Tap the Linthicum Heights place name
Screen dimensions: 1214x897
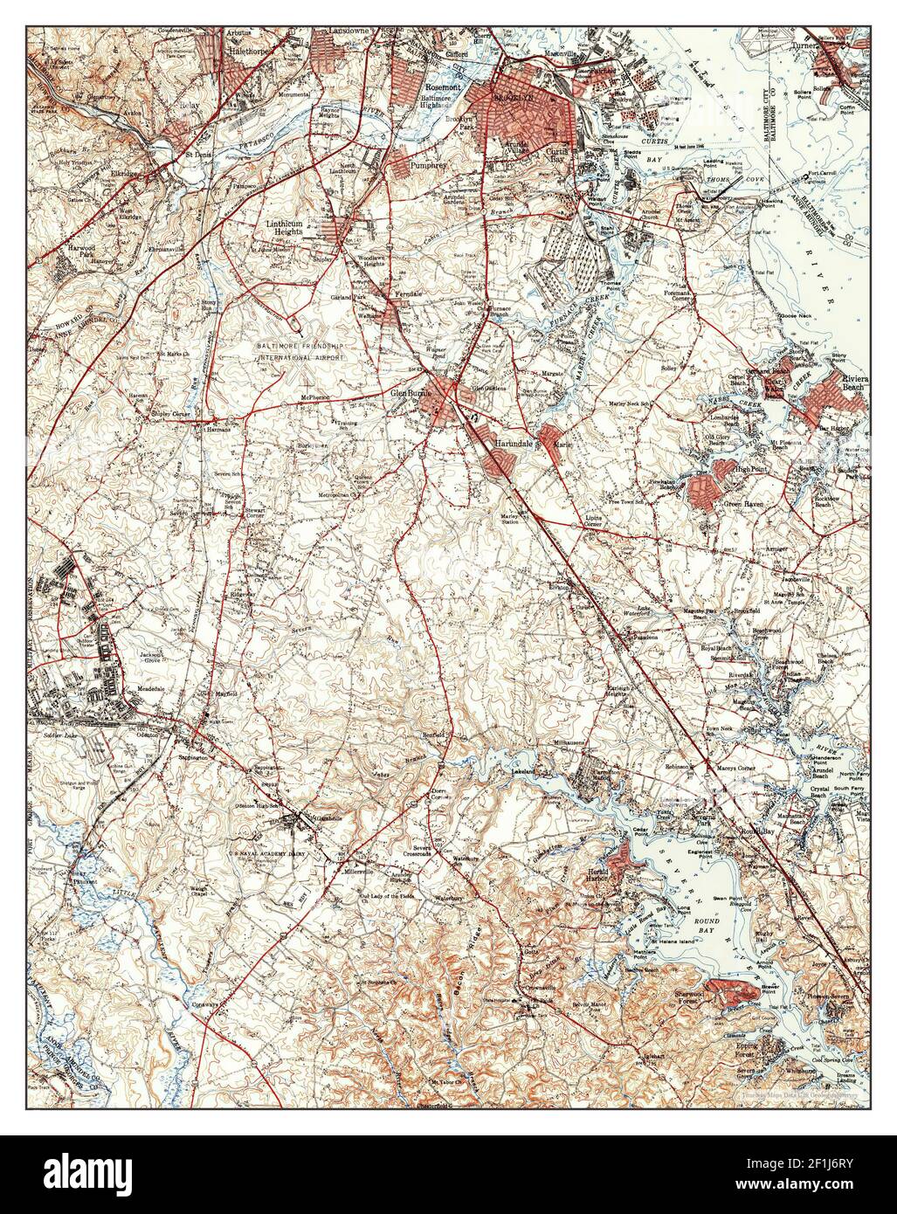[284, 228]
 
